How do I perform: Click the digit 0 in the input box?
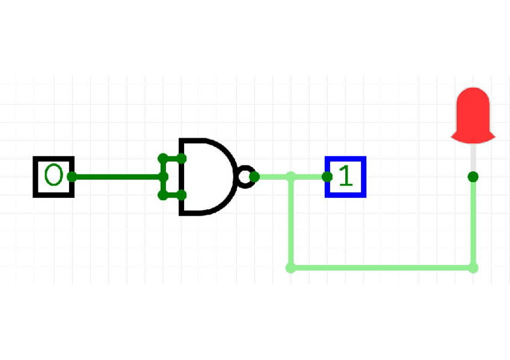(x=53, y=176)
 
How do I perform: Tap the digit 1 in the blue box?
(x=345, y=177)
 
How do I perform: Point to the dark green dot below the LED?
(x=473, y=177)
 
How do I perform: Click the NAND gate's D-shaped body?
(x=204, y=176)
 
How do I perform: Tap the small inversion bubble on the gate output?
(x=245, y=176)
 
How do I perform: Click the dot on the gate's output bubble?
(x=254, y=177)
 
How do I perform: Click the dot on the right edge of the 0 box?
(x=72, y=177)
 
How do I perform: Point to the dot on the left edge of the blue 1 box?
(x=327, y=177)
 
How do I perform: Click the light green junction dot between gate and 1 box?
(x=291, y=177)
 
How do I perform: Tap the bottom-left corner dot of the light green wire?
(x=291, y=267)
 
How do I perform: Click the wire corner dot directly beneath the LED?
(x=473, y=267)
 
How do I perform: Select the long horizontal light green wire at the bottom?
(x=382, y=267)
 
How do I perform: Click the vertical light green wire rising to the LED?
(x=473, y=222)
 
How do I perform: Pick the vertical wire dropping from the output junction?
(x=291, y=222)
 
